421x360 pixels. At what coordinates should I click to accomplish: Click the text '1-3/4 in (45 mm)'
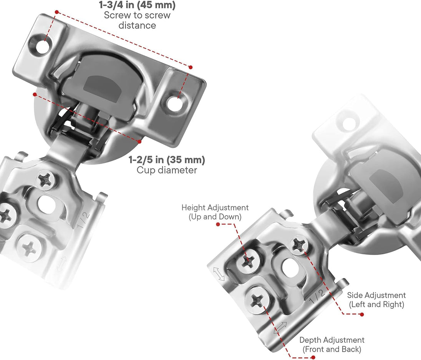click(137, 6)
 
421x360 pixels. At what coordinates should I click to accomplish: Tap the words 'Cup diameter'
click(167, 170)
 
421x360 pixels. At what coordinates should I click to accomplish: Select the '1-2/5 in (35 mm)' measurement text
click(167, 159)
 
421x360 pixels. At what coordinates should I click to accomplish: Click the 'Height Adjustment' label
click(215, 208)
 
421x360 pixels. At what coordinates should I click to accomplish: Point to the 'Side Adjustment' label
click(376, 295)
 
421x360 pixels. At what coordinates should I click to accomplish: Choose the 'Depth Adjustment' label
click(332, 340)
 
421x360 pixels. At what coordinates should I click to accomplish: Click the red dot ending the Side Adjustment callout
click(361, 314)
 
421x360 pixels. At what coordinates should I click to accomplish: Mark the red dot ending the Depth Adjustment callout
click(313, 357)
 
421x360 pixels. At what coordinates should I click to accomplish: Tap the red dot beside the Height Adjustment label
click(218, 224)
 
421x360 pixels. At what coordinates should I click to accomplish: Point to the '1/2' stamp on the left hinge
click(85, 219)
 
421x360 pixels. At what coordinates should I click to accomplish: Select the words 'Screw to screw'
click(137, 16)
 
